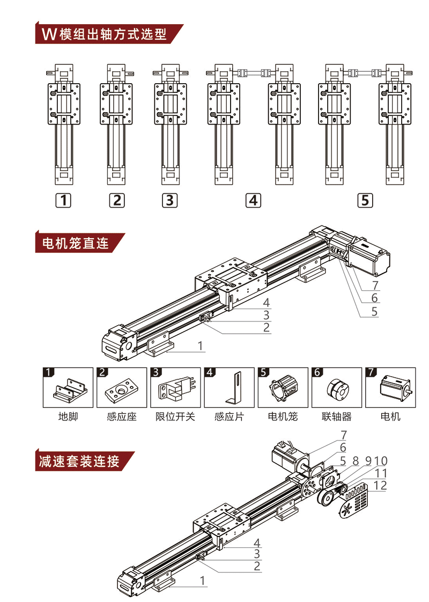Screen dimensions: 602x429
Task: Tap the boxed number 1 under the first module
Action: coord(64,201)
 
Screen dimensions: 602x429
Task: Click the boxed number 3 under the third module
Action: coord(169,201)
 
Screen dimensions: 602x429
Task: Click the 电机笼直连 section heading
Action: coord(75,244)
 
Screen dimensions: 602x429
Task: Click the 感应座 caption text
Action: coord(121,416)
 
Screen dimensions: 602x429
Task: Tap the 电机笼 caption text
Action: coord(283,416)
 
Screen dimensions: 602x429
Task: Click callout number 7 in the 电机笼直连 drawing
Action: coord(375,285)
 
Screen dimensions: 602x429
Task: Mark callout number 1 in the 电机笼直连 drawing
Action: coord(200,347)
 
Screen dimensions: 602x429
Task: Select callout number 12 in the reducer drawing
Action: coord(380,486)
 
